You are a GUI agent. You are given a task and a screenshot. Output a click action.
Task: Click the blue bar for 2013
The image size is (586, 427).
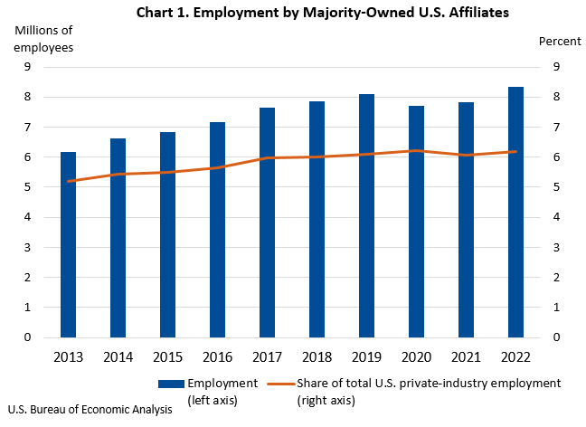pyautogui.click(x=68, y=244)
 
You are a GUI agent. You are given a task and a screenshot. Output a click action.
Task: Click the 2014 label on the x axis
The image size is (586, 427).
pyautogui.click(x=118, y=356)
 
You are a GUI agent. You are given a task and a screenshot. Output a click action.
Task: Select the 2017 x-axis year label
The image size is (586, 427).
pyautogui.click(x=267, y=356)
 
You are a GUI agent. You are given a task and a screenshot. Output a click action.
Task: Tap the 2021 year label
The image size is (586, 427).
pyautogui.click(x=466, y=356)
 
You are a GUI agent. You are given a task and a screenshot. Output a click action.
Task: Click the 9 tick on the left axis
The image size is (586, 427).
pyautogui.click(x=28, y=67)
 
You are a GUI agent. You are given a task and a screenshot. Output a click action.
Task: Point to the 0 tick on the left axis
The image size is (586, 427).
pyautogui.click(x=28, y=337)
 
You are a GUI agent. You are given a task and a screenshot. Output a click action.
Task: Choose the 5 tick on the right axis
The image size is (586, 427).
pyautogui.click(x=556, y=187)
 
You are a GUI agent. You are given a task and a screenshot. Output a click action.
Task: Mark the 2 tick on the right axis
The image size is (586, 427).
pyautogui.click(x=556, y=278)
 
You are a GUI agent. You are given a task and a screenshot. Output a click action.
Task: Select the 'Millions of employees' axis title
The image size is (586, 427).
pyautogui.click(x=43, y=39)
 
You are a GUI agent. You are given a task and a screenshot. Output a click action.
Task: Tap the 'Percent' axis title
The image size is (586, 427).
pyautogui.click(x=553, y=42)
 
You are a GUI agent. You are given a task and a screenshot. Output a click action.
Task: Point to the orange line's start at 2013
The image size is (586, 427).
pyautogui.click(x=68, y=181)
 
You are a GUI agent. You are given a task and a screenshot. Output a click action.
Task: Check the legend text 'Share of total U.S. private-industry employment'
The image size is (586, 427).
pyautogui.click(x=429, y=384)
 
